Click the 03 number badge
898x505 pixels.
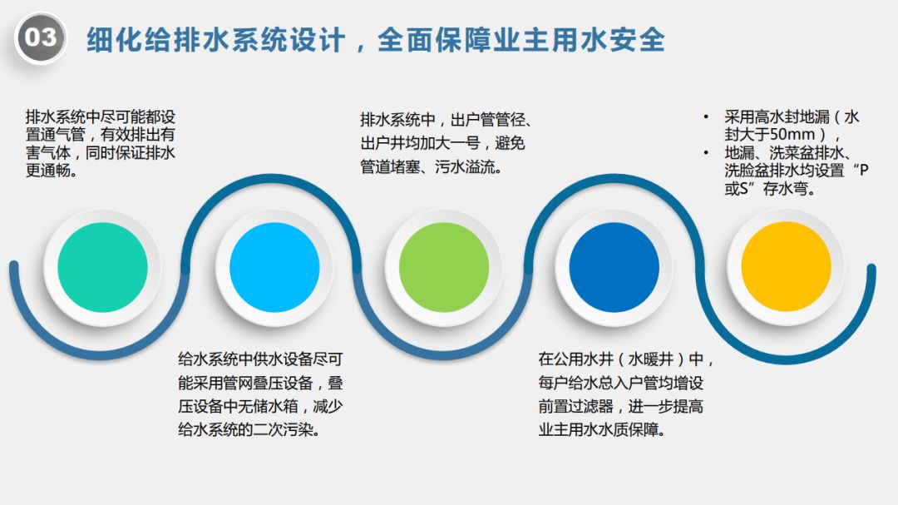40,37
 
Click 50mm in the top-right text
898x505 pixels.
787,135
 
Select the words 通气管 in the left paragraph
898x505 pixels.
76,134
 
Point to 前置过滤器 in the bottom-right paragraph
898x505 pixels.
575,407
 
